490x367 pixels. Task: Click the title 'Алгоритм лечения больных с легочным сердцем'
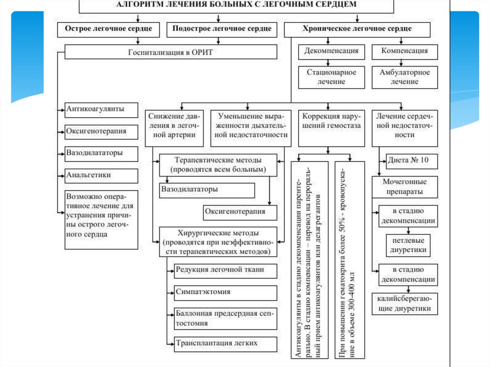(236, 5)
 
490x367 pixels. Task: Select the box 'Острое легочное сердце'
(105, 29)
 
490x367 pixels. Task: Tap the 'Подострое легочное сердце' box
(222, 29)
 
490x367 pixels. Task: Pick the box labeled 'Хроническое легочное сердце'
(357, 29)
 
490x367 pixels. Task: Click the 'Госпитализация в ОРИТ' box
(170, 52)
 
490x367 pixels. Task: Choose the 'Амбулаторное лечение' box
(404, 77)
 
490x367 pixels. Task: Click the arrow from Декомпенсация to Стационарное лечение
(328, 63)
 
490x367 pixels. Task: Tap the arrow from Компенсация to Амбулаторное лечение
(405, 63)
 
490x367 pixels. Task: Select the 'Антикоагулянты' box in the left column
(101, 110)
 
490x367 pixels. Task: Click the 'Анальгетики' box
(101, 175)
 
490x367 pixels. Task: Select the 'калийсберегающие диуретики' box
(404, 304)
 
